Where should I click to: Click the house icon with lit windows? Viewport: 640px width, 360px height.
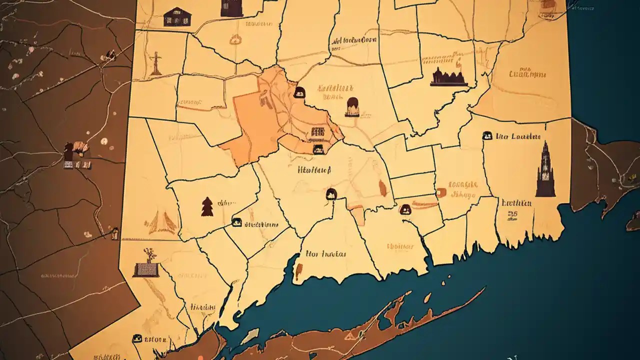pyautogui.click(x=177, y=16)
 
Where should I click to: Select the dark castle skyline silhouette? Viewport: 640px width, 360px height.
pyautogui.click(x=448, y=77)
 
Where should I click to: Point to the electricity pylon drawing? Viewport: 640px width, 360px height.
pyautogui.click(x=156, y=63)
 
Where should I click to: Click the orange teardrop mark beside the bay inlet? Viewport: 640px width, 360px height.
pyautogui.click(x=299, y=271)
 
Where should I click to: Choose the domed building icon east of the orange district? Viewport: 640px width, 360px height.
pyautogui.click(x=352, y=106)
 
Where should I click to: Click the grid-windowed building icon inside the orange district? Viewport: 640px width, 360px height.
pyautogui.click(x=317, y=132)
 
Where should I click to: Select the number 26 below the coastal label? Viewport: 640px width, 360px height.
pyautogui.click(x=513, y=214)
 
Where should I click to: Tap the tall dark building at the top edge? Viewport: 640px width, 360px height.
pyautogui.click(x=231, y=8)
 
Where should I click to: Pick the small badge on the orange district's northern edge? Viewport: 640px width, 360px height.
pyautogui.click(x=299, y=91)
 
